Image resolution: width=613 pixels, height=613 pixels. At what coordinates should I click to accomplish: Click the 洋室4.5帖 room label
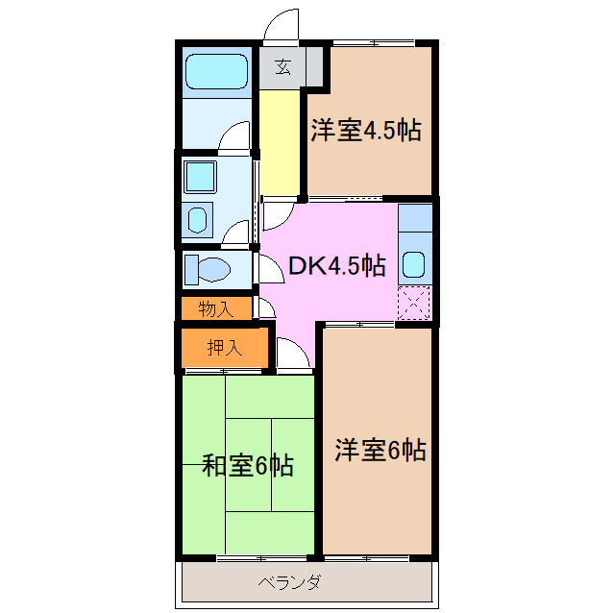[365, 131]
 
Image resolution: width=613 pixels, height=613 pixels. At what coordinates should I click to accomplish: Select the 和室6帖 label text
[247, 466]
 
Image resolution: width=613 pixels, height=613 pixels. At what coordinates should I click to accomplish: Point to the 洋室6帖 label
[380, 449]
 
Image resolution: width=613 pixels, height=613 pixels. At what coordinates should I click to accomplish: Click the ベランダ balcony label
[289, 582]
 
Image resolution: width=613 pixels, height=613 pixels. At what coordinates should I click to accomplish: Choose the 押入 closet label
[224, 348]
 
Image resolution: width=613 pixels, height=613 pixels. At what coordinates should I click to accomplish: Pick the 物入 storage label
[215, 308]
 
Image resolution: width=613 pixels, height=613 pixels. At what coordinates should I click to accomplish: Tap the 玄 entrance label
[282, 67]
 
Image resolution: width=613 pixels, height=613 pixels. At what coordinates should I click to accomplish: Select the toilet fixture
[205, 269]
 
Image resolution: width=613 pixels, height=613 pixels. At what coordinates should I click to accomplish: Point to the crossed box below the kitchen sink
[414, 304]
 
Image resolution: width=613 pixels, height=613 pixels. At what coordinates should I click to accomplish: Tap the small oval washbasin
[197, 220]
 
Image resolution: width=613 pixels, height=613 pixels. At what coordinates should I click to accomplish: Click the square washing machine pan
[200, 176]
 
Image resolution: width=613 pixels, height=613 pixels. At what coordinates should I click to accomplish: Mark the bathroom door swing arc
[234, 139]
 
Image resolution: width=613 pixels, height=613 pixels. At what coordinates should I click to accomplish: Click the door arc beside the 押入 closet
[288, 353]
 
